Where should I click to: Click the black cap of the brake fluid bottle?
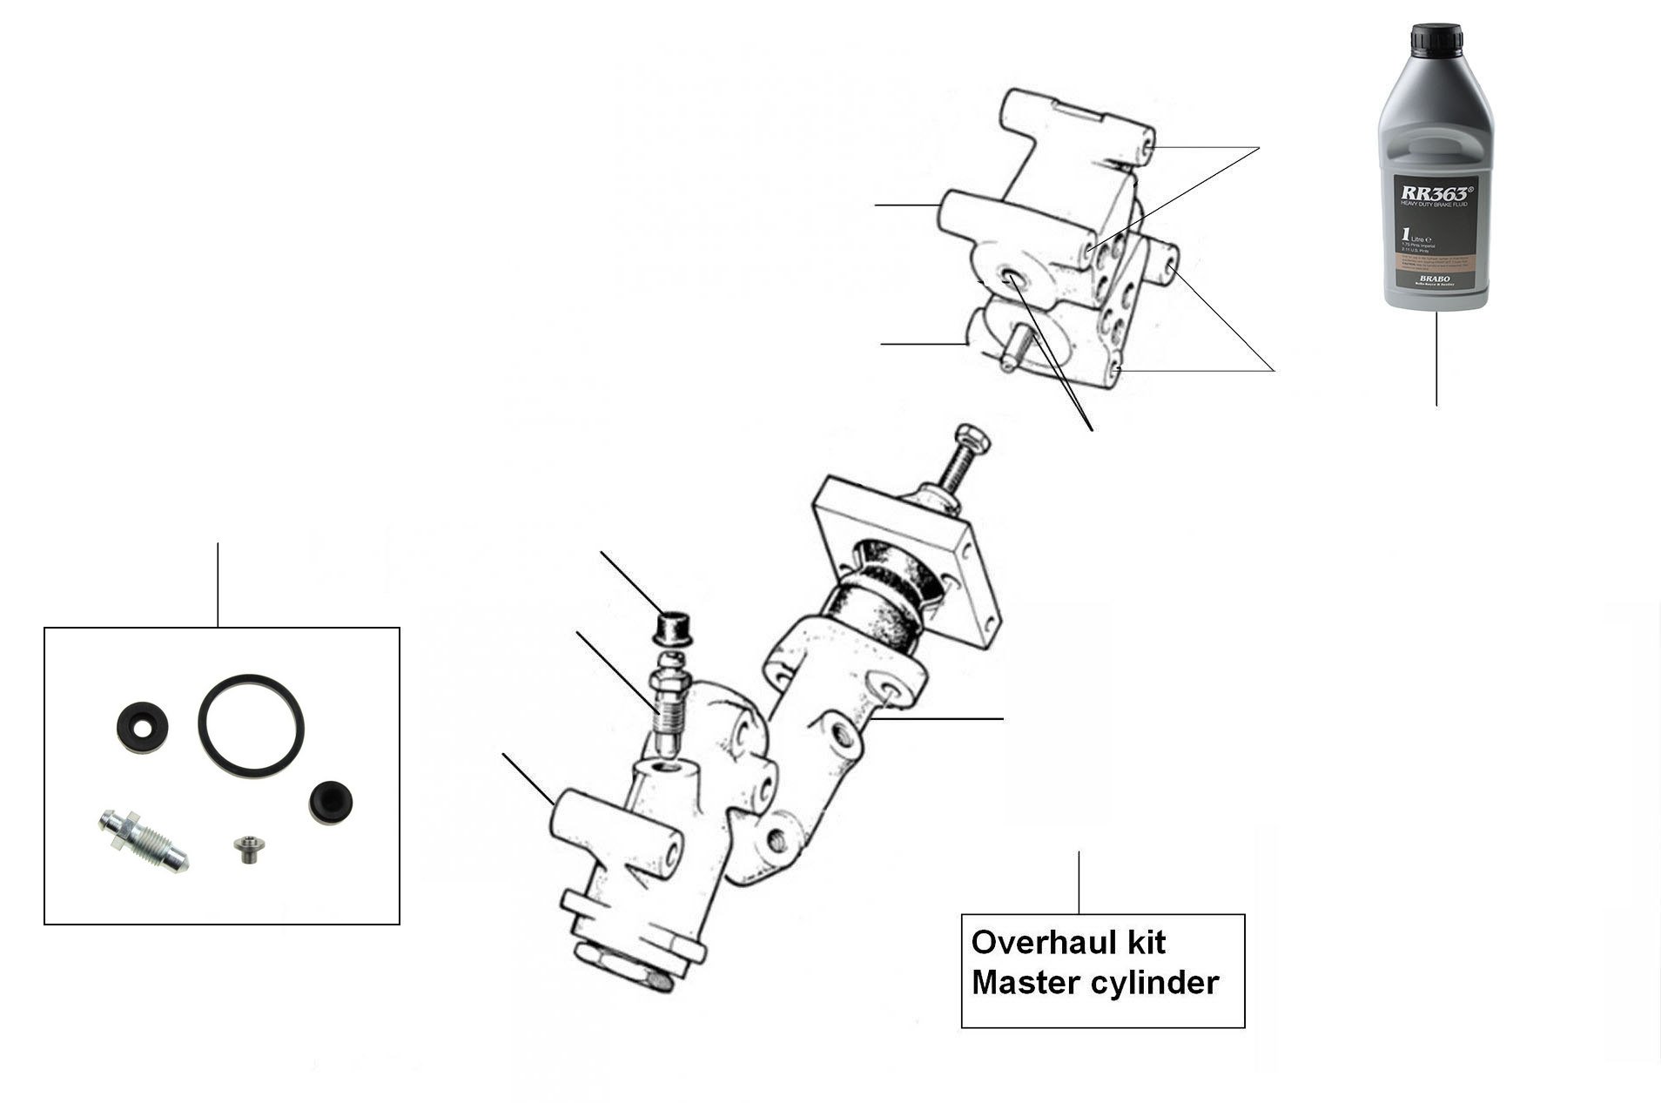(1436, 40)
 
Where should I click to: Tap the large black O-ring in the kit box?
(251, 723)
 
